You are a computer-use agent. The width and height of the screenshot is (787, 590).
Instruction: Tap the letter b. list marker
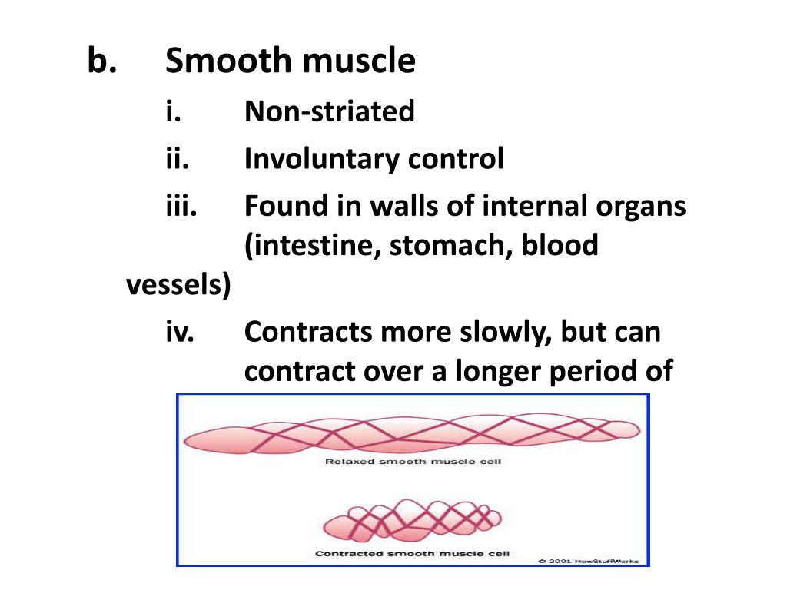tap(101, 61)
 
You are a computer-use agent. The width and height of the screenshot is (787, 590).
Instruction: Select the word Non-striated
tap(329, 112)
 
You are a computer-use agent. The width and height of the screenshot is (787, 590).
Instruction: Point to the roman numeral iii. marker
tap(182, 207)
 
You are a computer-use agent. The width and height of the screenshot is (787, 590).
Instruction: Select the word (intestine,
tap(311, 247)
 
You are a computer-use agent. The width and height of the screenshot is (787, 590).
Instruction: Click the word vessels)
tap(178, 286)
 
